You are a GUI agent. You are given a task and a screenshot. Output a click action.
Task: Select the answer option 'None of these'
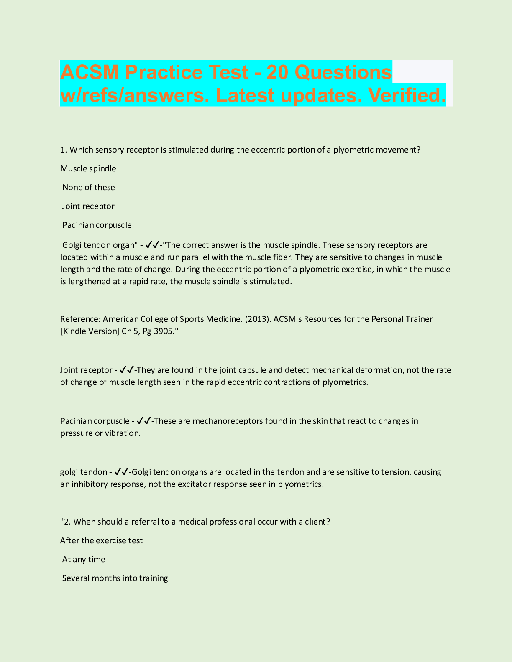click(88, 187)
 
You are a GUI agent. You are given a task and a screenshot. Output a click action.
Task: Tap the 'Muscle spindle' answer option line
click(88, 168)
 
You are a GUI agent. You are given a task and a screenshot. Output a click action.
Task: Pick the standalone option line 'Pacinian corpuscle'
click(97, 225)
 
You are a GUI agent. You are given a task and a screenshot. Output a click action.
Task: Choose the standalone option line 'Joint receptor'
click(88, 206)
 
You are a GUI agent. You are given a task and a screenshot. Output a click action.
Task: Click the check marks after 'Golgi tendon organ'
click(152, 245)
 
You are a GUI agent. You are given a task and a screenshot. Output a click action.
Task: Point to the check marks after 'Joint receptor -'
click(126, 370)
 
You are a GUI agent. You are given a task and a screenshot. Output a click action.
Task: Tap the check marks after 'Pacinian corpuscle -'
click(143, 421)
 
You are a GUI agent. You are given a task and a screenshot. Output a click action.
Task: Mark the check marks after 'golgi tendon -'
click(121, 472)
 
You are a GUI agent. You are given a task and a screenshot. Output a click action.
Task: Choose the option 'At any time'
click(84, 559)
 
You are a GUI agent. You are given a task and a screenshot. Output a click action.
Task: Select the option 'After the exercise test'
click(102, 540)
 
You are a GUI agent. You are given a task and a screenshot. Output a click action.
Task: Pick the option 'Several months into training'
click(115, 578)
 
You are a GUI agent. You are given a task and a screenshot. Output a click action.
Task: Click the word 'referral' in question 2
click(146, 522)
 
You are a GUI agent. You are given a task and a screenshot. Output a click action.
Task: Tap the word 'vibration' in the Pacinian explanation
click(122, 433)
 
